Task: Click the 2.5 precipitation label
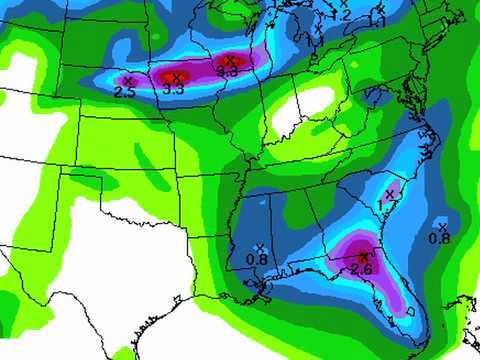(125, 92)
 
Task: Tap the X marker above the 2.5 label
(127, 80)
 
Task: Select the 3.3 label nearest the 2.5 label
(173, 90)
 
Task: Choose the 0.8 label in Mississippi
(257, 260)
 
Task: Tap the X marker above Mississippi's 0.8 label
(259, 248)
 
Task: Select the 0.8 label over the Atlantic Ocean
(439, 238)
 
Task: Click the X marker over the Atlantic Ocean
(441, 226)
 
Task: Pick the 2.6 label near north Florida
(362, 269)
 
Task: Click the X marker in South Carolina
(392, 192)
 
